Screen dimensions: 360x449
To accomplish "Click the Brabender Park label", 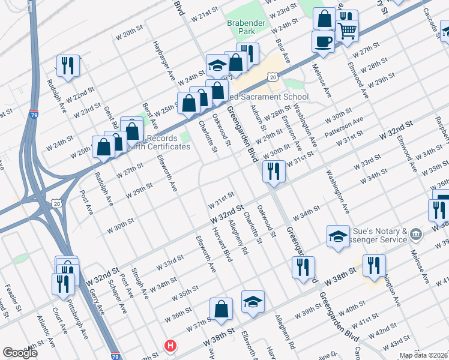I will tap(241, 26).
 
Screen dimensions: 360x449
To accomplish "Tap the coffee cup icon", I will tap(324, 41).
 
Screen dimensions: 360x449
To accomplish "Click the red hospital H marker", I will tap(171, 346).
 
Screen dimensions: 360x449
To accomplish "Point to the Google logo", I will tap(20, 353).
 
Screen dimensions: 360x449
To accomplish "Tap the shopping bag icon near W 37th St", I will tap(221, 310).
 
